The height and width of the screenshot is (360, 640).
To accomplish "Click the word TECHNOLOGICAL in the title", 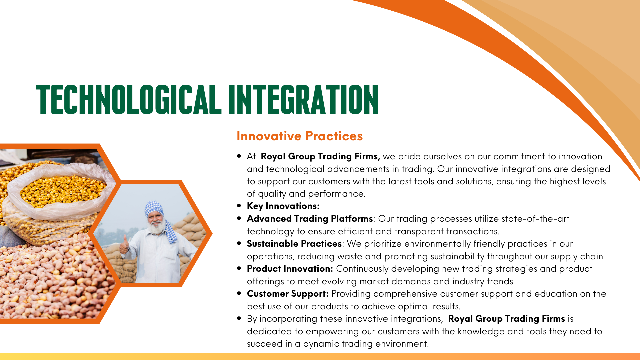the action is [x=129, y=99].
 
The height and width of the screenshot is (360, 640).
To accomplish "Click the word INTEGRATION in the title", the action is [x=304, y=99].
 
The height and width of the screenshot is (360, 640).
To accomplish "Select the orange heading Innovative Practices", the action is [x=300, y=136].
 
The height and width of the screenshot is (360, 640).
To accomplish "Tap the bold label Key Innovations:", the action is [x=283, y=206].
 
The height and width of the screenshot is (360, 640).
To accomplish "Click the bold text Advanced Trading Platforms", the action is [x=310, y=219].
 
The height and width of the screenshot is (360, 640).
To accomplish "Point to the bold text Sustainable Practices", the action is [x=294, y=244].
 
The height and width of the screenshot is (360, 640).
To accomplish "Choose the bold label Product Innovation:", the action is [x=290, y=269].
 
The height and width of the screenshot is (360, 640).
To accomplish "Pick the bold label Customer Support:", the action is [x=288, y=294].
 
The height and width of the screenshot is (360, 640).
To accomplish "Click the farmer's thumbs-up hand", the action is [x=124, y=245].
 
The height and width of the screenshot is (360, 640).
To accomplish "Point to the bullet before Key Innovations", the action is [x=239, y=206].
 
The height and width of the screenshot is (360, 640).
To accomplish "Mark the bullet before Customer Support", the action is [x=239, y=293].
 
